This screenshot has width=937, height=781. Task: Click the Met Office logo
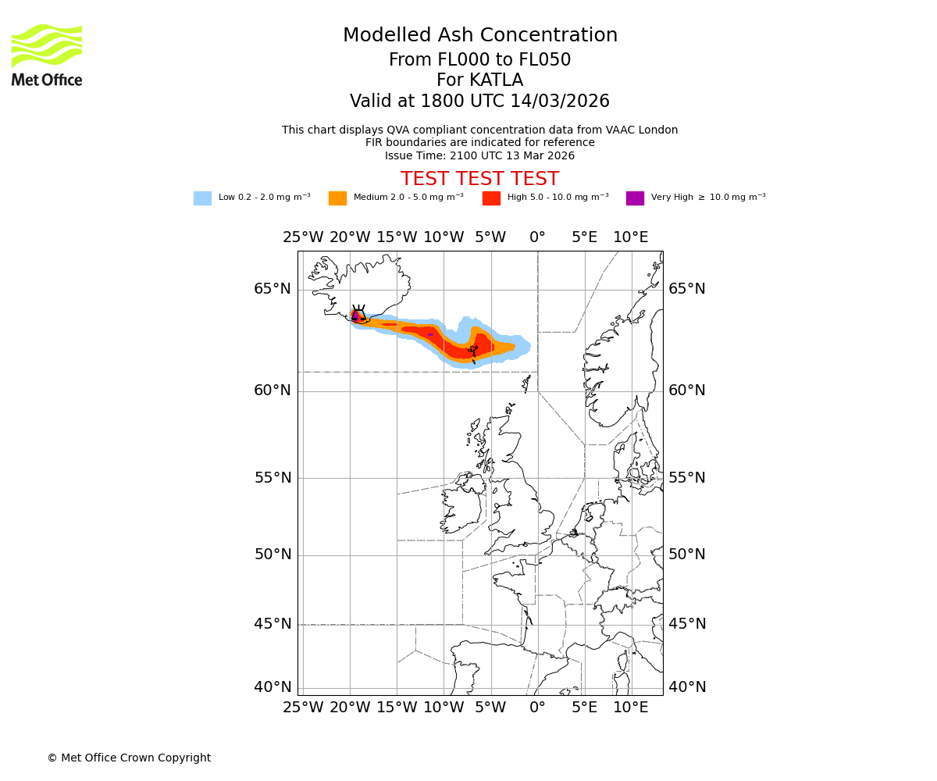[47, 55]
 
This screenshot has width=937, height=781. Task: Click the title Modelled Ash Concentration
[479, 36]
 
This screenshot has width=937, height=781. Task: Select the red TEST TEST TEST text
[479, 179]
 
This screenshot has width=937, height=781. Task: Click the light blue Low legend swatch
[202, 198]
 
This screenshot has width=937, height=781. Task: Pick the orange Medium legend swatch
[337, 198]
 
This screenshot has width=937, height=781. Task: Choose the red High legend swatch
[491, 198]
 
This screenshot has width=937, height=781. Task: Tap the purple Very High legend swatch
[635, 198]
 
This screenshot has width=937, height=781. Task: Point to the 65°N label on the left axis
[272, 289]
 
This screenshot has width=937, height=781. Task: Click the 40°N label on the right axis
[686, 687]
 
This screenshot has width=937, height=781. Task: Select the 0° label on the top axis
[537, 237]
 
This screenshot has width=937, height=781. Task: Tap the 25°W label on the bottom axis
[303, 708]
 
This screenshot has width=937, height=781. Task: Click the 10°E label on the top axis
[630, 237]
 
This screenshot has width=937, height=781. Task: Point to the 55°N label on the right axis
[686, 478]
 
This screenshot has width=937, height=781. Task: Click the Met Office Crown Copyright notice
[129, 758]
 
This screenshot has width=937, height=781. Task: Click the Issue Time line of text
[479, 156]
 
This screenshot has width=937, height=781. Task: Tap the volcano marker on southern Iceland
[358, 313]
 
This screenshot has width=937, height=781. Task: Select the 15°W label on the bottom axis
[397, 708]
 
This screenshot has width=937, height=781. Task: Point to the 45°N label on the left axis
[272, 624]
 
